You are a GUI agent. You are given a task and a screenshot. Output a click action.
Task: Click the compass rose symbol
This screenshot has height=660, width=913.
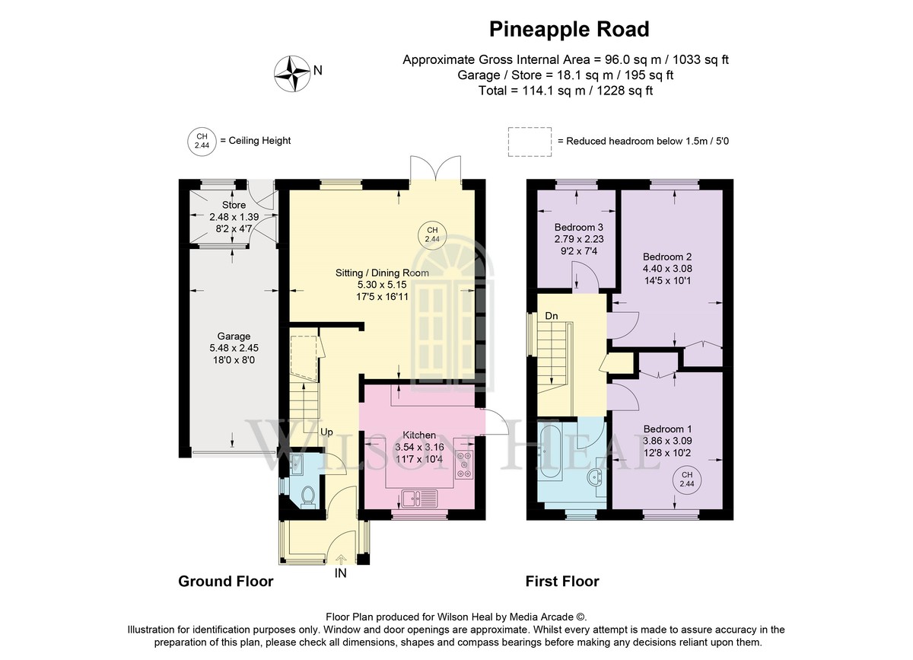pyautogui.click(x=292, y=74)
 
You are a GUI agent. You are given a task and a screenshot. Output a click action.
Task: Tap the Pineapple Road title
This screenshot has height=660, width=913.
pyautogui.click(x=569, y=30)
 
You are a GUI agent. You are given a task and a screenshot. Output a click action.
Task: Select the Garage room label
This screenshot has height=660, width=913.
pyautogui.click(x=234, y=336)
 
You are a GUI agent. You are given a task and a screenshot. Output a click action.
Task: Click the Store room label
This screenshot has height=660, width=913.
pyautogui.click(x=234, y=205)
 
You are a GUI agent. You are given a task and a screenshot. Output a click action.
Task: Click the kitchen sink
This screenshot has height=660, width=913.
pyautogui.click(x=419, y=499)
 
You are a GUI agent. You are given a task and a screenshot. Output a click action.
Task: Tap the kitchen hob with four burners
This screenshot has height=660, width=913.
pyautogui.click(x=464, y=464)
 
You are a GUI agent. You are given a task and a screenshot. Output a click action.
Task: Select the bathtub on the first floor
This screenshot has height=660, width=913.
pyautogui.click(x=549, y=451)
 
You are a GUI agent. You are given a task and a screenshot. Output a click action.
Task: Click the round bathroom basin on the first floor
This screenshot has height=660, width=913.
pyautogui.click(x=596, y=477)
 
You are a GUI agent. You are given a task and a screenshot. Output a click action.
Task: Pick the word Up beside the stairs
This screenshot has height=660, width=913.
pyautogui.click(x=326, y=432)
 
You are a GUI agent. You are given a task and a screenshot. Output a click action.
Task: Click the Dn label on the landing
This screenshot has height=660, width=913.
pyautogui.click(x=552, y=316)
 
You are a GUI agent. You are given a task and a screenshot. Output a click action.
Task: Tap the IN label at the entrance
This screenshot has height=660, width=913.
pyautogui.click(x=340, y=573)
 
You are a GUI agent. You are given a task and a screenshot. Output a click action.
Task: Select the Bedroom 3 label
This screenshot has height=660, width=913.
pyautogui.click(x=579, y=227)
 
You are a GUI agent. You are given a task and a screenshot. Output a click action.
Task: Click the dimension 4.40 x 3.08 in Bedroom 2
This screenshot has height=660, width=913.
pyautogui.click(x=667, y=269)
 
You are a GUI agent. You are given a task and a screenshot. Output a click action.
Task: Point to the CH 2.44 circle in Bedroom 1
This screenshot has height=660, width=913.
pyautogui.click(x=687, y=480)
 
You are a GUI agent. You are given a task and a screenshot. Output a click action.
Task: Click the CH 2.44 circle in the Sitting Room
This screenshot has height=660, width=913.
pyautogui.click(x=432, y=234)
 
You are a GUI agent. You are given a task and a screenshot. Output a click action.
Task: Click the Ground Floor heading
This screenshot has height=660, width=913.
pyautogui.click(x=226, y=582)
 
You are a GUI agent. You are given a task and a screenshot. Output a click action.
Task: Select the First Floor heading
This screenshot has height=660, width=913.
pyautogui.click(x=562, y=582)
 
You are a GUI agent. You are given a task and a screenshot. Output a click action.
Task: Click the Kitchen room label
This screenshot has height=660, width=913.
pyautogui.click(x=419, y=435)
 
